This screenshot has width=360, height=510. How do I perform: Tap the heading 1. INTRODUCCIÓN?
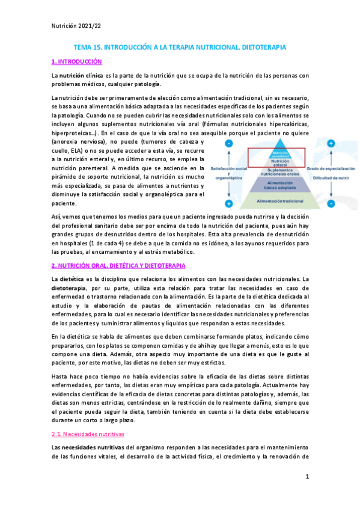point(76,61)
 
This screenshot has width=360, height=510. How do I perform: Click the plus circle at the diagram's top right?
point(331,144)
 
